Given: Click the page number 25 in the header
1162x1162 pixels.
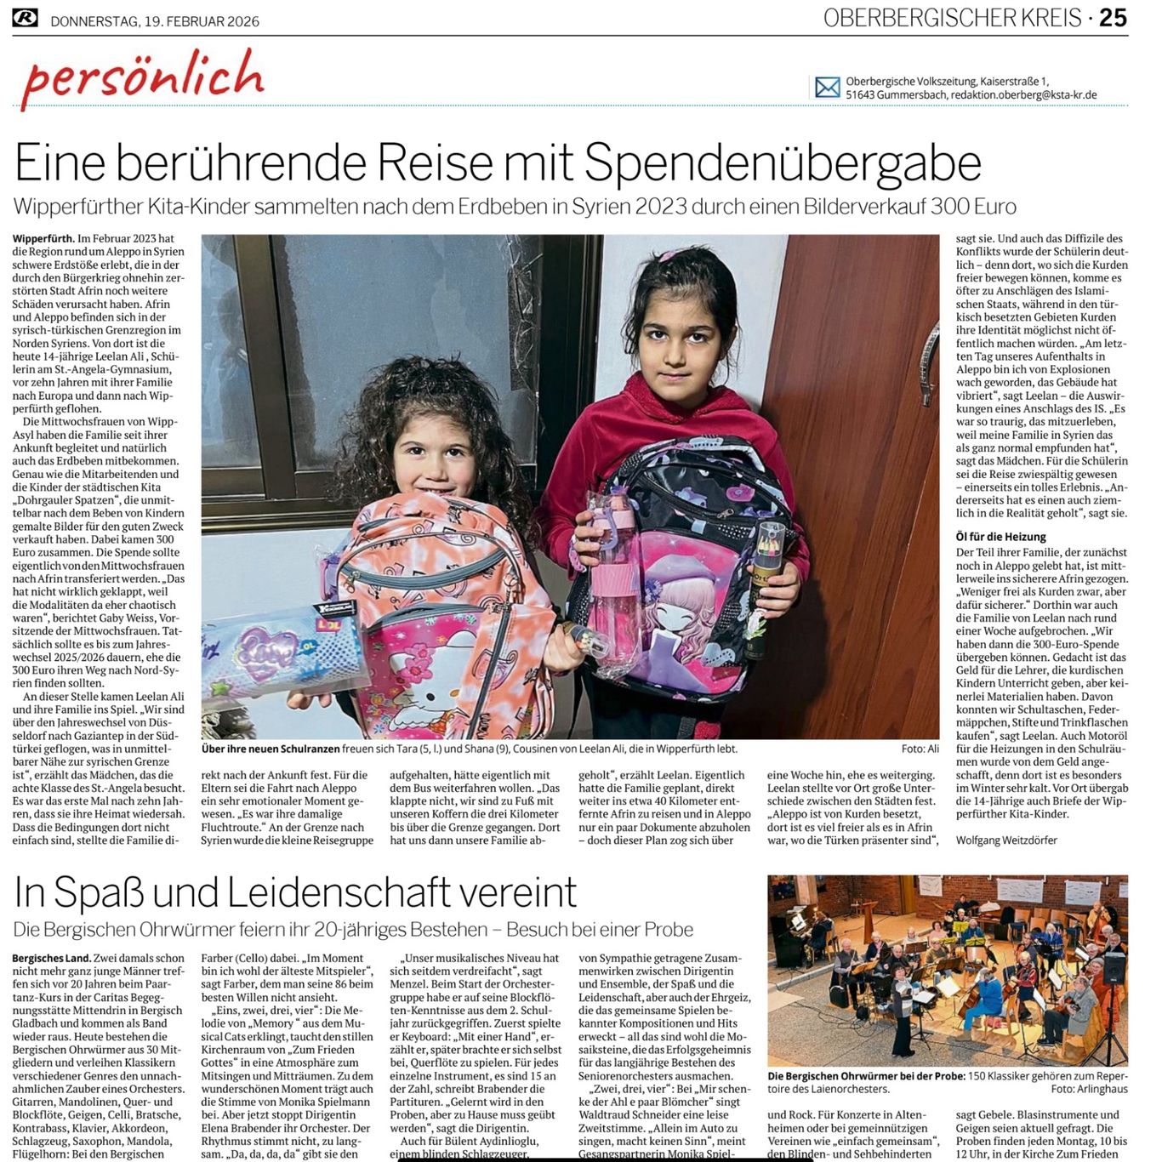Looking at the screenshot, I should coord(1113,17).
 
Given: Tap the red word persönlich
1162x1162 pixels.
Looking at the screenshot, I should coord(143,77).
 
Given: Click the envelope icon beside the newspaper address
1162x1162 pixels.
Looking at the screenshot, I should coord(827,87).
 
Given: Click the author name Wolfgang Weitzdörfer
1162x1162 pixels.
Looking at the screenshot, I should coord(1006,840).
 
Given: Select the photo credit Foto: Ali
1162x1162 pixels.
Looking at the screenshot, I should coord(920,749).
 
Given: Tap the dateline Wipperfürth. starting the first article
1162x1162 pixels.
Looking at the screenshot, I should coord(43,239).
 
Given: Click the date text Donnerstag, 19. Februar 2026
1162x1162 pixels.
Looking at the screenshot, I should coord(155,21).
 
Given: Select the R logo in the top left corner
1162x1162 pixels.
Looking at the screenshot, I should coord(25,17).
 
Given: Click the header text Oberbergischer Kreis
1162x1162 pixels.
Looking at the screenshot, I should coord(952,18).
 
